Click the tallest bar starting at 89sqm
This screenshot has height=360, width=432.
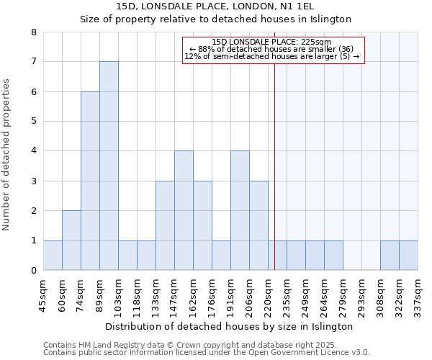(109, 166)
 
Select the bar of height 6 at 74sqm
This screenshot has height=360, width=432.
(90, 181)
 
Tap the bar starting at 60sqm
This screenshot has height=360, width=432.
(71, 240)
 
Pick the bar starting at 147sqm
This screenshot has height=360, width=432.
(184, 210)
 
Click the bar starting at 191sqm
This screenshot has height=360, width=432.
(240, 210)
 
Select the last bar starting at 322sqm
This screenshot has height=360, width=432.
(408, 256)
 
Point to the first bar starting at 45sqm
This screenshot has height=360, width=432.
(53, 256)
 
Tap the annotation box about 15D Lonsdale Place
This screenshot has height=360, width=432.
(274, 49)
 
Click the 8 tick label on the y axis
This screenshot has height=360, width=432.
(33, 32)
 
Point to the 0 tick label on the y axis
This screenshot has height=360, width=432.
(33, 271)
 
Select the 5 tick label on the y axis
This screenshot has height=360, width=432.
(33, 122)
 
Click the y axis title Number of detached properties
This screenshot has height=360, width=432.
(7, 156)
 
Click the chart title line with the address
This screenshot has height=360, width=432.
(215, 6)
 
